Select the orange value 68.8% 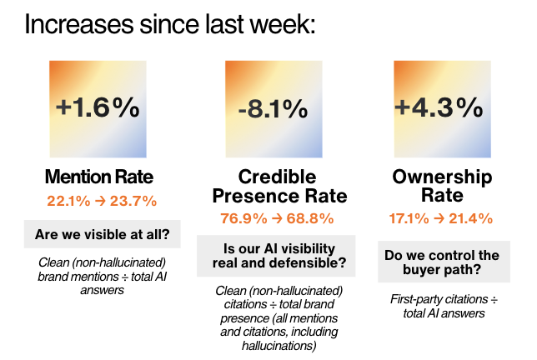tap(304, 218)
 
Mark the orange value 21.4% tap(468, 218)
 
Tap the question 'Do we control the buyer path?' tap(442, 263)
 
